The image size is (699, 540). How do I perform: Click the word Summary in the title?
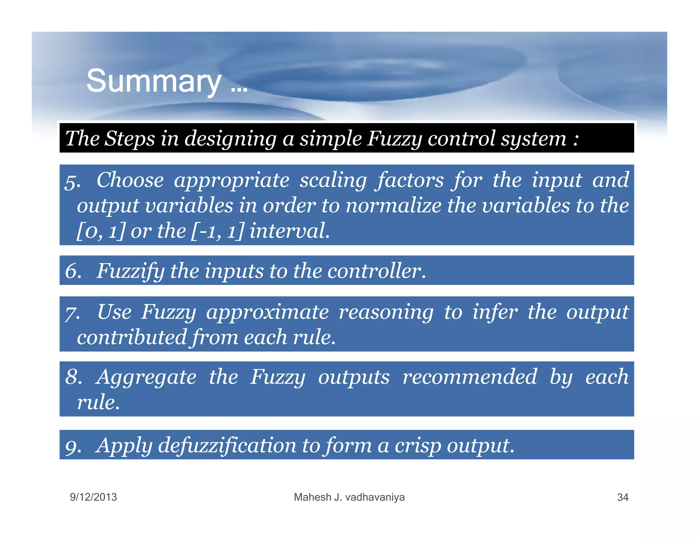pyautogui.click(x=154, y=81)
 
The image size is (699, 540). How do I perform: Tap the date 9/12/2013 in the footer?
pyautogui.click(x=93, y=497)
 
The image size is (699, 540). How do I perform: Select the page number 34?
pyautogui.click(x=623, y=497)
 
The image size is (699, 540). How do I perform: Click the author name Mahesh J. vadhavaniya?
pyautogui.click(x=349, y=497)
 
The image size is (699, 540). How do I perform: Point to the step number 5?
pyautogui.click(x=72, y=182)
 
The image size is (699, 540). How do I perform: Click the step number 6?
pyautogui.click(x=73, y=271)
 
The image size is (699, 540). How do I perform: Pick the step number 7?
pyautogui.click(x=72, y=313)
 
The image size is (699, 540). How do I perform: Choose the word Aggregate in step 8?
pyautogui.click(x=146, y=378)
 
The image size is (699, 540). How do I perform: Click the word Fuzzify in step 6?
pyautogui.click(x=130, y=272)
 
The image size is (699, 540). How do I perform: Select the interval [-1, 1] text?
pyautogui.click(x=217, y=231)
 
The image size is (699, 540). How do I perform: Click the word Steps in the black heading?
pyautogui.click(x=129, y=139)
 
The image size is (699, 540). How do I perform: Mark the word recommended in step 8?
pyautogui.click(x=470, y=377)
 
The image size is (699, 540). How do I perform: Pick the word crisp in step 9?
pyautogui.click(x=418, y=446)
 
